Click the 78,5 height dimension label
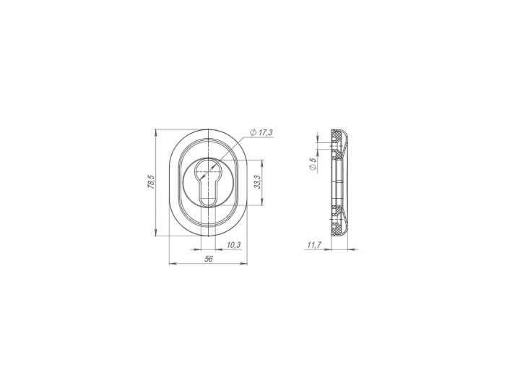[x=152, y=182]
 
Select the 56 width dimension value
[x=209, y=259]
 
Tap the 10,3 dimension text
[x=233, y=245]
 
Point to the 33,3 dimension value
[x=256, y=182]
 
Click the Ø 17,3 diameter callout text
[x=261, y=132]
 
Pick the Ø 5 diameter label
[x=312, y=164]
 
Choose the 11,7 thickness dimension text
[x=313, y=245]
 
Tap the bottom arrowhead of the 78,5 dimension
[x=156, y=233]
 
